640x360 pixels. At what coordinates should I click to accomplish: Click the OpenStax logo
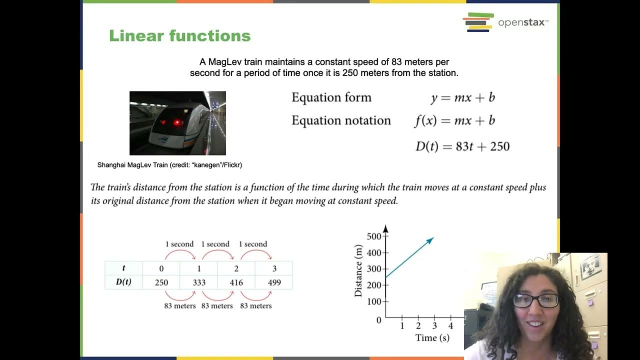pyautogui.click(x=505, y=22)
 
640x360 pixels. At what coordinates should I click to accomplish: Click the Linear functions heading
pyautogui.click(x=180, y=36)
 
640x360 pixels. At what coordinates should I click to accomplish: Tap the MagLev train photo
pyautogui.click(x=177, y=123)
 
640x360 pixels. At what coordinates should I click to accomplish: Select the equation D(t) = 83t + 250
pyautogui.click(x=462, y=146)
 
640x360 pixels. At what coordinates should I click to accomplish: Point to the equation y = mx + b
pyautogui.click(x=462, y=97)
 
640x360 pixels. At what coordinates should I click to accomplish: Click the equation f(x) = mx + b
pyautogui.click(x=454, y=120)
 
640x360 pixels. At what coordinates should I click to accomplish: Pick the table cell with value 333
pyautogui.click(x=199, y=282)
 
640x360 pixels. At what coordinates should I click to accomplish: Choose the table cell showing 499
pyautogui.click(x=274, y=282)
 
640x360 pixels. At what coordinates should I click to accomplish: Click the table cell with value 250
pyautogui.click(x=161, y=282)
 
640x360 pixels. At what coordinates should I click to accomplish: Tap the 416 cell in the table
pyautogui.click(x=236, y=282)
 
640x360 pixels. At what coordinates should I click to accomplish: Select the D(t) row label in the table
pyautogui.click(x=123, y=282)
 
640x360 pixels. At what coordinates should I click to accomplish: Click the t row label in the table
pyautogui.click(x=123, y=268)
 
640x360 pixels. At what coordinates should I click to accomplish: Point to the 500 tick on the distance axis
pyautogui.click(x=373, y=236)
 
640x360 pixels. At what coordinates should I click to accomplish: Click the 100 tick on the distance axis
pyautogui.click(x=373, y=301)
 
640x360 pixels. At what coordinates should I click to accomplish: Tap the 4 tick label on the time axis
pyautogui.click(x=450, y=326)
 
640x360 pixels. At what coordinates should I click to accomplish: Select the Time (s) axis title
pyautogui.click(x=432, y=338)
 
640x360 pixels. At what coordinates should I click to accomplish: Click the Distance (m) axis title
pyautogui.click(x=358, y=270)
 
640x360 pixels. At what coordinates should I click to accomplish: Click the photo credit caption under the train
pyautogui.click(x=169, y=165)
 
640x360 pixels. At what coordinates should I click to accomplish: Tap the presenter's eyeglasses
pyautogui.click(x=535, y=300)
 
